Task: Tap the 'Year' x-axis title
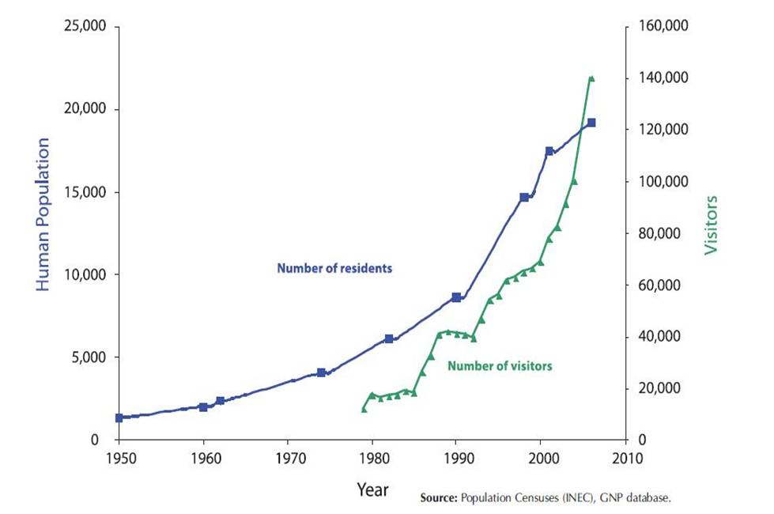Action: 372,489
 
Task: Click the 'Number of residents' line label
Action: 334,268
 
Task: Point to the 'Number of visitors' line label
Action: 500,366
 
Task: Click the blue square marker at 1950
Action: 119,418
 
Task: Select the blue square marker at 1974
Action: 321,372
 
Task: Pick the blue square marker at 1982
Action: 389,338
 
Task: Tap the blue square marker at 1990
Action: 456,297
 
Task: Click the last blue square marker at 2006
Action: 591,123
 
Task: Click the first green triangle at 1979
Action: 364,409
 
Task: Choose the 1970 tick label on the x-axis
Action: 288,459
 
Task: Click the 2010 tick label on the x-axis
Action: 625,459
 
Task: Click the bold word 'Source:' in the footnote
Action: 440,499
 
